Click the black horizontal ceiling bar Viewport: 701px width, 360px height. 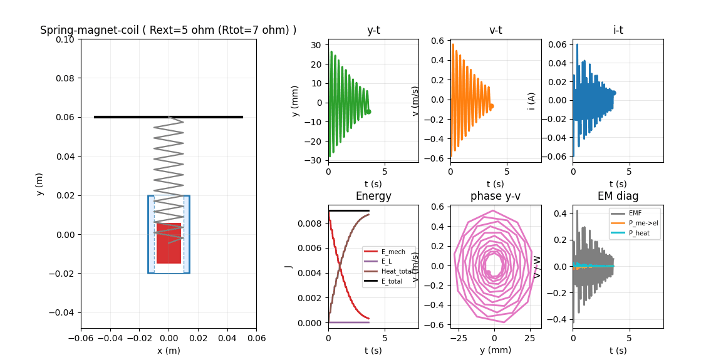(168, 116)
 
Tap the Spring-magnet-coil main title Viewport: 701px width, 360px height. (168, 30)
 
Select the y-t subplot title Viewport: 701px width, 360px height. (373, 30)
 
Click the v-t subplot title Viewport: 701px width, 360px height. (495, 30)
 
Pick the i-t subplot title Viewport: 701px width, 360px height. (618, 30)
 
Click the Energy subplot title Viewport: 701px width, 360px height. (373, 196)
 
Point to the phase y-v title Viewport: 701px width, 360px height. (495, 196)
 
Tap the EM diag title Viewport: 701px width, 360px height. (618, 196)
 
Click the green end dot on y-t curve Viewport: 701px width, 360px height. (368, 111)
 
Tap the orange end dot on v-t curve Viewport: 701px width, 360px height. (491, 106)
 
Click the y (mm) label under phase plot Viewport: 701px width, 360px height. (495, 350)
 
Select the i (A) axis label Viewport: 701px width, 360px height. (532, 100)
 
